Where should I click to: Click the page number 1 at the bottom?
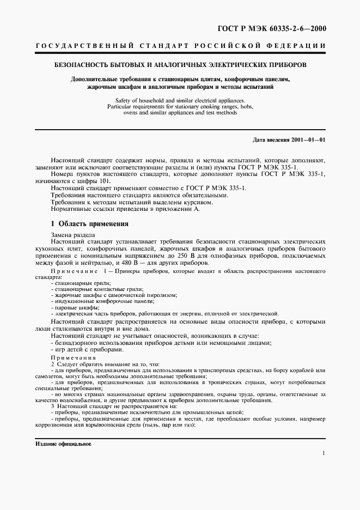[x=324, y=453]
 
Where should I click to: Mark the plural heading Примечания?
[x=74, y=357]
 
